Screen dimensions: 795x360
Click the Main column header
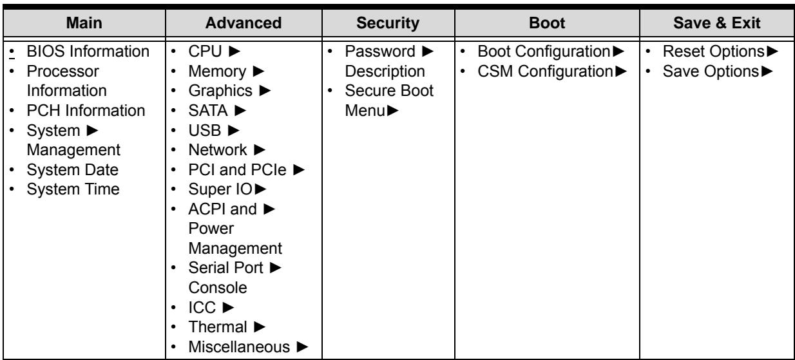pos(84,23)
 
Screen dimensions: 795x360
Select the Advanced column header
pos(244,23)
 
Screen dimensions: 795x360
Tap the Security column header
pos(388,23)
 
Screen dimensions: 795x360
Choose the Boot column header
pos(547,23)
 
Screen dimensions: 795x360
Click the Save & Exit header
pos(717,23)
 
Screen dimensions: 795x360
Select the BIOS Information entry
pos(88,52)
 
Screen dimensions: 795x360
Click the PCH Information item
pos(86,111)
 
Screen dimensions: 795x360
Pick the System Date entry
pos(72,170)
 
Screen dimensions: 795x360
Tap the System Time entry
pos(73,189)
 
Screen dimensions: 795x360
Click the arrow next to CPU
pos(235,52)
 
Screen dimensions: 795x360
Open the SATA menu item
pos(208,111)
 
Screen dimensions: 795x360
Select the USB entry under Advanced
pos(205,131)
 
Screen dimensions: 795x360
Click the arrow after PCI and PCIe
pos(299,170)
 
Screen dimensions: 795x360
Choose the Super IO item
pos(220,189)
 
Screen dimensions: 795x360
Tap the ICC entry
pos(202,307)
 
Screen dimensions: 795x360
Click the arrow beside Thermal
pos(260,327)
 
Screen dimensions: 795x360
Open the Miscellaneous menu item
pos(239,347)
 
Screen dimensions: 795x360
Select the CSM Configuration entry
pos(546,71)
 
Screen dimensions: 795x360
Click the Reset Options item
pos(714,52)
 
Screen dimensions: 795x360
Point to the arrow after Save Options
pos(767,71)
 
